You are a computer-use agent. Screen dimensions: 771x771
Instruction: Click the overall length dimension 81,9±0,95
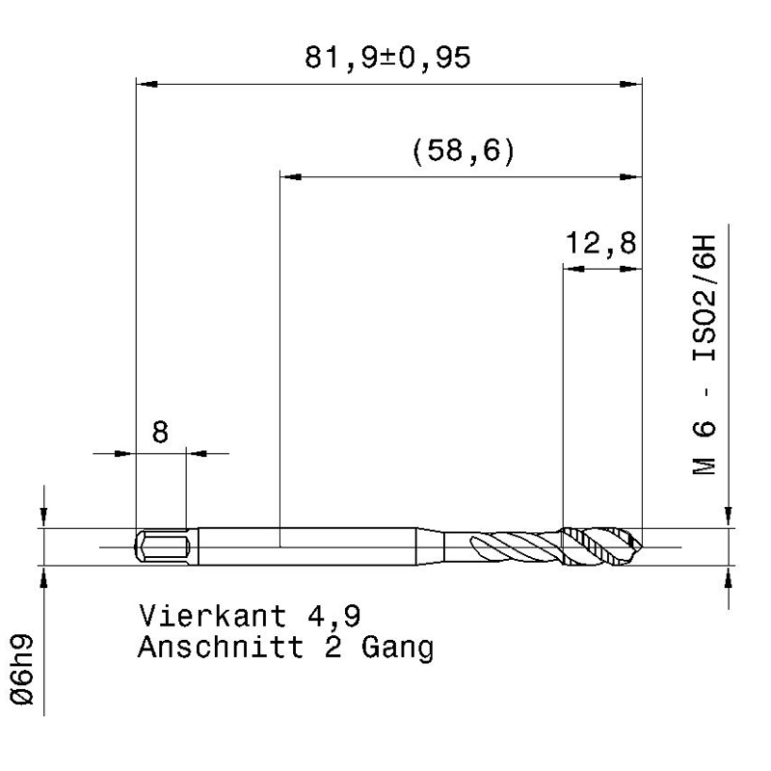click(387, 58)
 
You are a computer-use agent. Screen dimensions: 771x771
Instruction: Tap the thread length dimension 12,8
click(600, 243)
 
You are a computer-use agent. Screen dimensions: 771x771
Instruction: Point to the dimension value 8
click(160, 432)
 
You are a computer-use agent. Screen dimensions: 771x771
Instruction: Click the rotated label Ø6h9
click(22, 670)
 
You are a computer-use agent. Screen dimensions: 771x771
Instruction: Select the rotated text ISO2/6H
click(705, 299)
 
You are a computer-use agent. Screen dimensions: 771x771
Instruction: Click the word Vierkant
click(212, 616)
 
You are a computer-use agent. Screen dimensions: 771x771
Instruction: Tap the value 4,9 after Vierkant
click(334, 617)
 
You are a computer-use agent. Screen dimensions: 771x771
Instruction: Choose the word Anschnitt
click(221, 647)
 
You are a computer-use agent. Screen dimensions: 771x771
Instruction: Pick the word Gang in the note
click(398, 649)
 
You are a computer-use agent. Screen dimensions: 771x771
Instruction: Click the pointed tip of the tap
click(642, 546)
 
